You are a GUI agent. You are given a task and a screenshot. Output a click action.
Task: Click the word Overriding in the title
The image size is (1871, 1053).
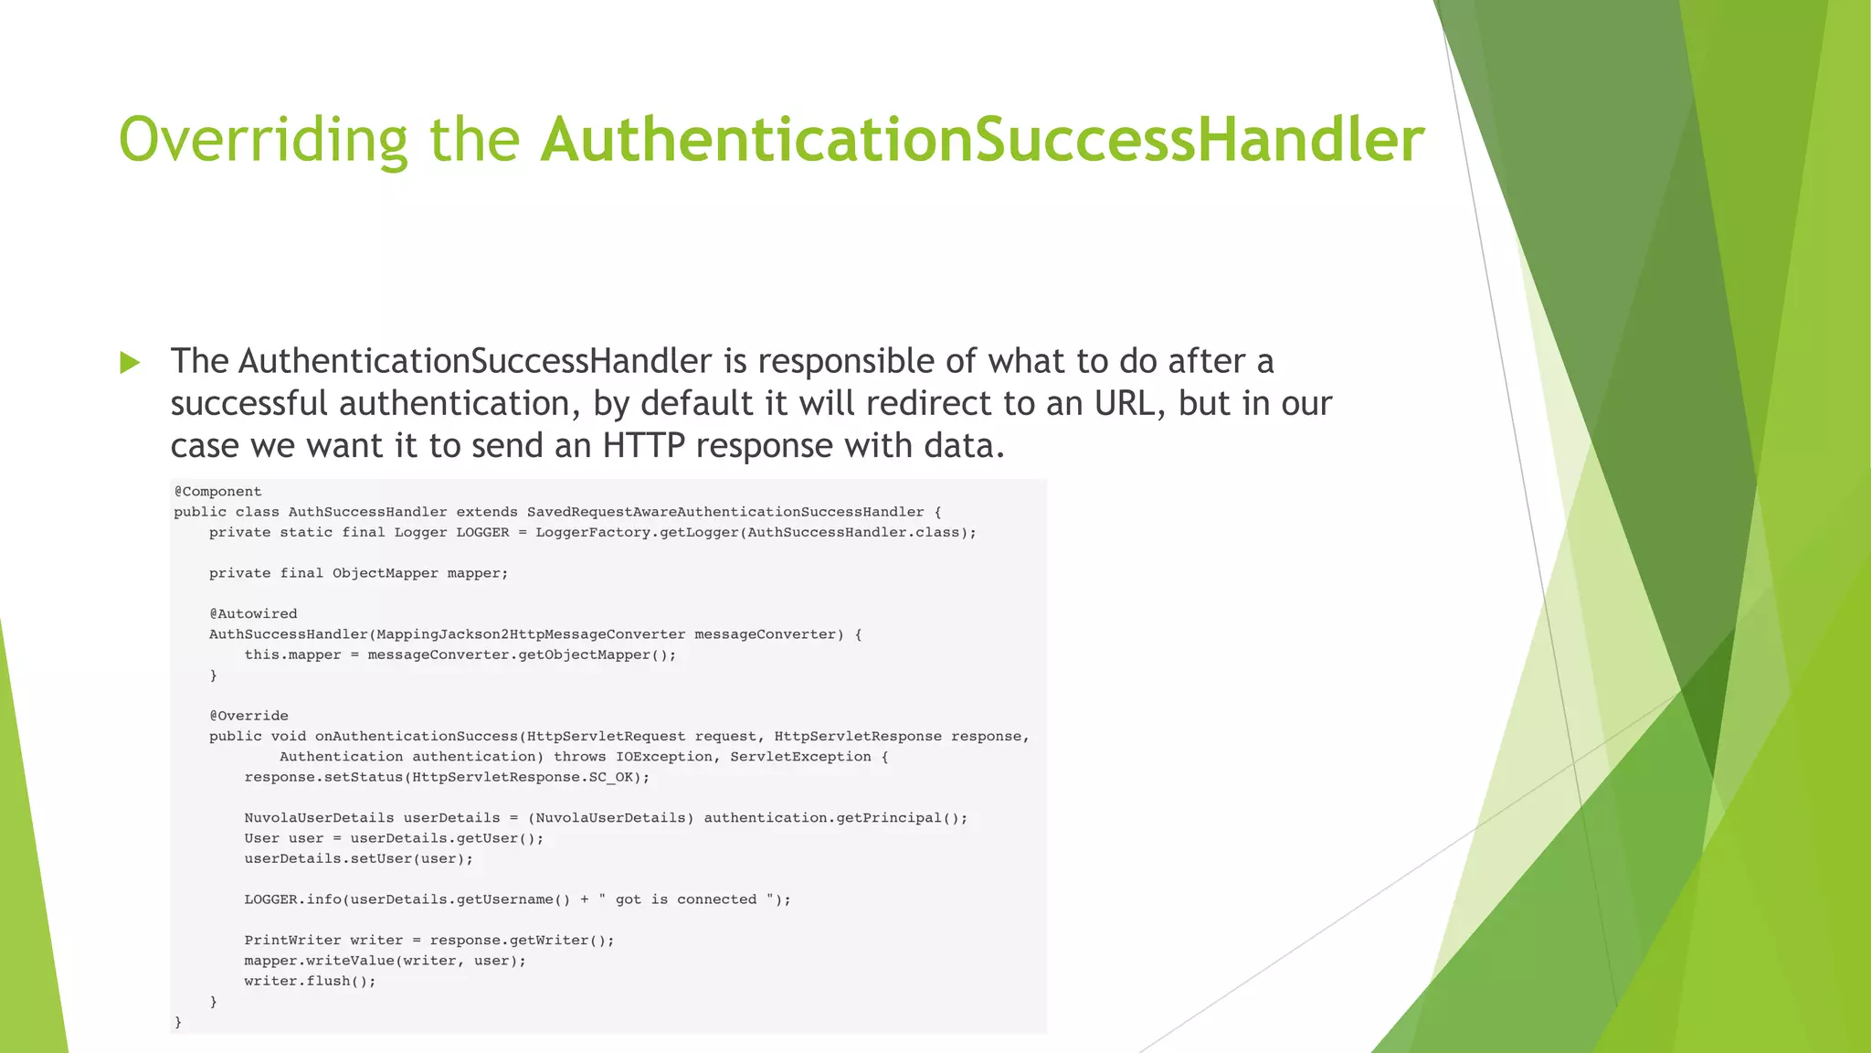pyautogui.click(x=263, y=140)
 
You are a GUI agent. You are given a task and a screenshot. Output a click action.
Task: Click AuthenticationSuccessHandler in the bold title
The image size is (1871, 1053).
pyautogui.click(x=982, y=140)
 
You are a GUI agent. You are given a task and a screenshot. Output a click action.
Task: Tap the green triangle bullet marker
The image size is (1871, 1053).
pyautogui.click(x=130, y=363)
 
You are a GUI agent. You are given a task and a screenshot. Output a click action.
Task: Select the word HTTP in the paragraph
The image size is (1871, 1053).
pyautogui.click(x=643, y=445)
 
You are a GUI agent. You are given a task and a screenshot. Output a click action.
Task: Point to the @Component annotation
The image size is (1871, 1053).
pyautogui.click(x=217, y=492)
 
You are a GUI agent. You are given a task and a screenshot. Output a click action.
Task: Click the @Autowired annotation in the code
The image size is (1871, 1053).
pyautogui.click(x=253, y=614)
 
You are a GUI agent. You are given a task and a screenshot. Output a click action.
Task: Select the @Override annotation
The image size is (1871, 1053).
pyautogui.click(x=248, y=716)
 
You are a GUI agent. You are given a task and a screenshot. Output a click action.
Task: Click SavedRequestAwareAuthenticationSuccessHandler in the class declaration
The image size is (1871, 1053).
pyautogui.click(x=725, y=512)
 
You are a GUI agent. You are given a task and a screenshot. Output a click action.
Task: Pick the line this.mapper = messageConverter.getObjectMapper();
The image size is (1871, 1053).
pyautogui.click(x=460, y=654)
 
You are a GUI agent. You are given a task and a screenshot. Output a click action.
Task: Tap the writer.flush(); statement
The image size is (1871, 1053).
pyautogui.click(x=310, y=981)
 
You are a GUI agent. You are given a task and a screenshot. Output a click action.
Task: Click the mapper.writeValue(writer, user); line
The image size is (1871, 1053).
pyautogui.click(x=385, y=961)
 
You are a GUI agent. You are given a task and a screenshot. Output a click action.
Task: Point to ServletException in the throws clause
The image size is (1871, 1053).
pyautogui.click(x=800, y=757)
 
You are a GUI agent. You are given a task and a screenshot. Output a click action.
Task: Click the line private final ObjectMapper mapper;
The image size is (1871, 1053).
pyautogui.click(x=358, y=573)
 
